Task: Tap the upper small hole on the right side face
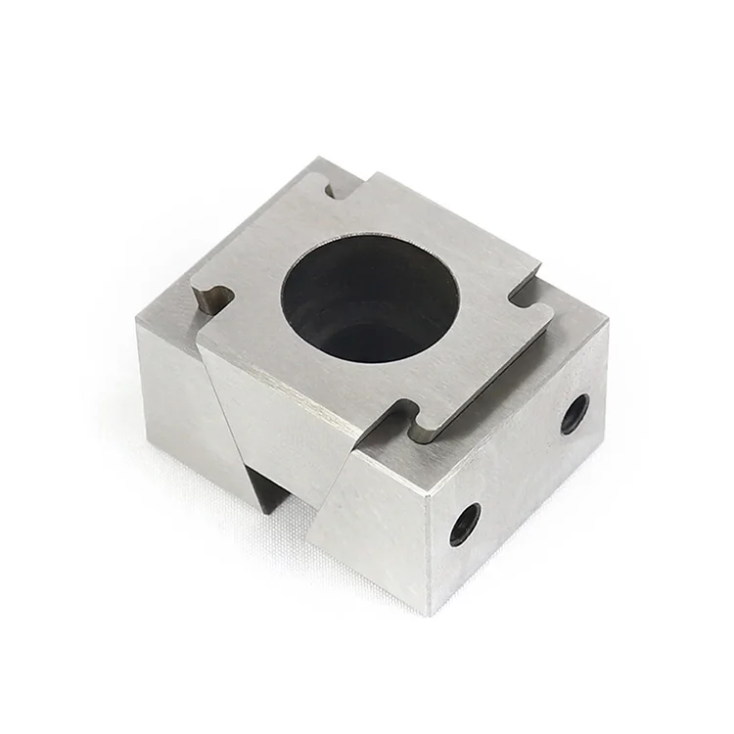pos(573,413)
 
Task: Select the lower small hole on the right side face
pos(465,525)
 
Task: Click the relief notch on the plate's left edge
pos(213,298)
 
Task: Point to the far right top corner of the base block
pos(608,323)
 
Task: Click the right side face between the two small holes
pos(519,470)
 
